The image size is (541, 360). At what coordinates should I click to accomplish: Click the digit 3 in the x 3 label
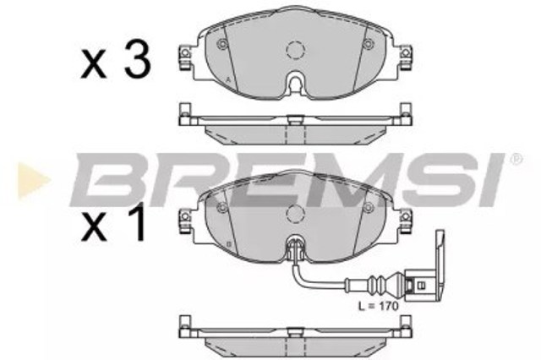[138, 58]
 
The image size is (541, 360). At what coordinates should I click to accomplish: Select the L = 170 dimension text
[378, 306]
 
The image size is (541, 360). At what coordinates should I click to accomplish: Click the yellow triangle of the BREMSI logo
[34, 180]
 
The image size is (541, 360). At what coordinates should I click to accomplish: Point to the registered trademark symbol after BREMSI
[516, 160]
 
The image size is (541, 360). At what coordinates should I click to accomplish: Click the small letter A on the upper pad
[227, 79]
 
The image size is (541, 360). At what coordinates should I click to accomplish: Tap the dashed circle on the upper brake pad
[296, 50]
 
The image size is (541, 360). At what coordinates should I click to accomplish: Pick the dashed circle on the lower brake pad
[296, 214]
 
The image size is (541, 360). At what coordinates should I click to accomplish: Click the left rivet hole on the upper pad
[222, 44]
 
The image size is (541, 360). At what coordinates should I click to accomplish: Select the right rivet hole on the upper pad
[369, 44]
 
